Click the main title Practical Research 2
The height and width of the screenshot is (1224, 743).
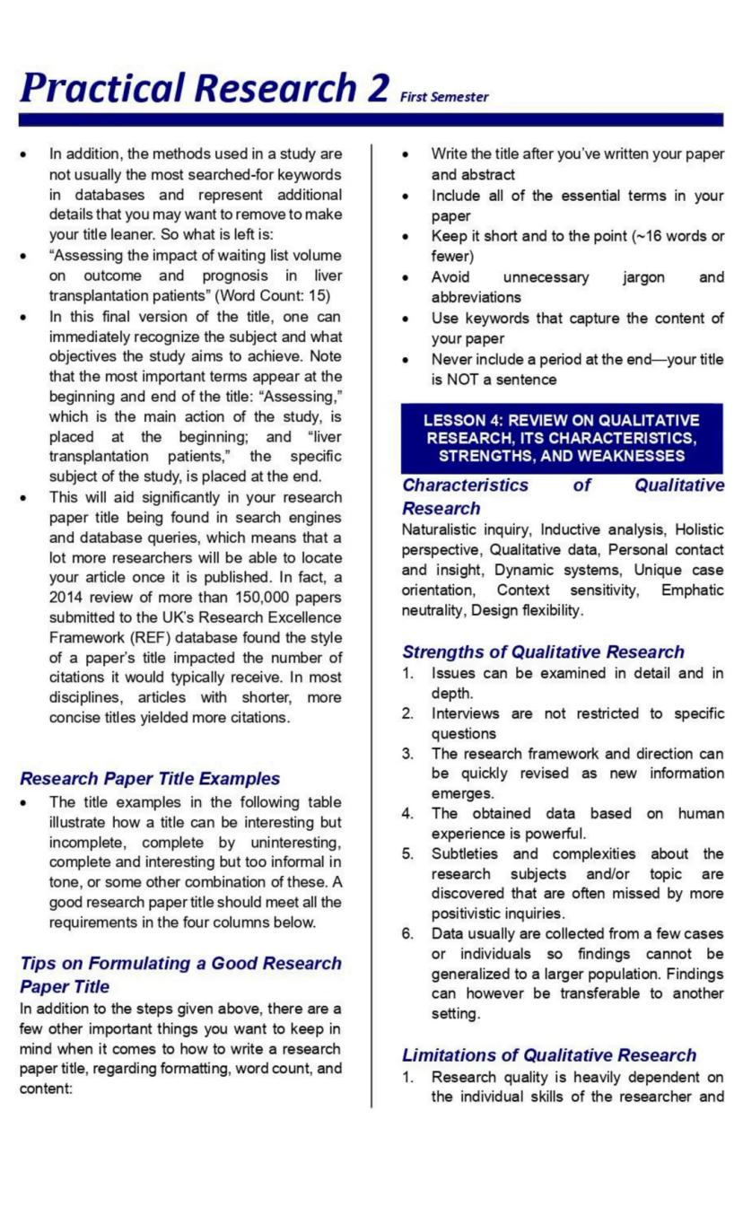[x=205, y=87]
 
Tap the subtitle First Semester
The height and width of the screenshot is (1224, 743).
[x=444, y=97]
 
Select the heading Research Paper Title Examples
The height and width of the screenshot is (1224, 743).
[x=150, y=778]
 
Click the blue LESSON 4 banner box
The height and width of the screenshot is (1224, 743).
[x=562, y=438]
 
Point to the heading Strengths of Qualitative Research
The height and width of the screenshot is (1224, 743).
[x=543, y=651]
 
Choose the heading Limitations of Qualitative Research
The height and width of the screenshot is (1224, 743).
[x=549, y=1054]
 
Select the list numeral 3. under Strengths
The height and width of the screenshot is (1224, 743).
[x=408, y=753]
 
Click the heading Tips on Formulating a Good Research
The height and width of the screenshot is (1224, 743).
[x=180, y=963]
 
